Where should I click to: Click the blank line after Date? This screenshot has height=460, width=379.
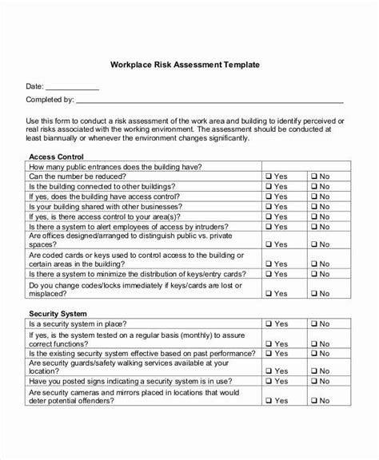tap(71, 89)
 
